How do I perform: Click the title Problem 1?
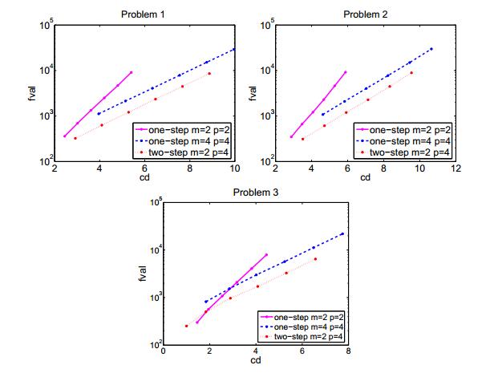(x=145, y=14)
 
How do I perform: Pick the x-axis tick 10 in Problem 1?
(x=235, y=168)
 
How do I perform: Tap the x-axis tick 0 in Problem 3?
(x=164, y=351)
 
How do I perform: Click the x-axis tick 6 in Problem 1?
(x=145, y=168)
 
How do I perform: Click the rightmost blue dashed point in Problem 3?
(x=342, y=233)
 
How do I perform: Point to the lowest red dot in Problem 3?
(x=186, y=326)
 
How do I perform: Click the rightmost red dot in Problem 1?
(x=209, y=74)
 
